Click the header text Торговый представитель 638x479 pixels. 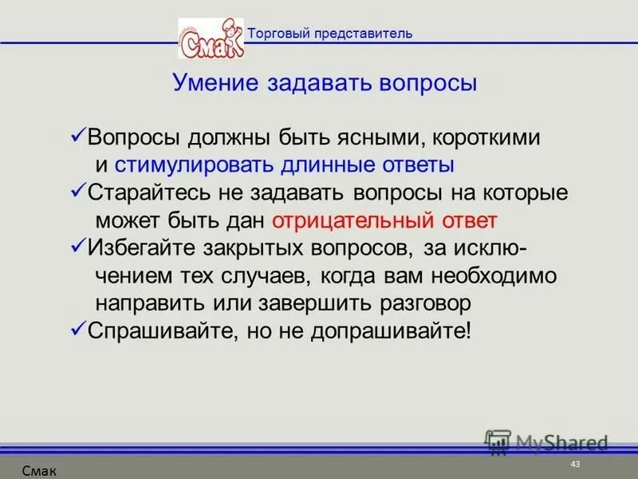[x=329, y=33]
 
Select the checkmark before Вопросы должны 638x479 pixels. [x=78, y=137]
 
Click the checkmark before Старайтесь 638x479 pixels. [x=78, y=192]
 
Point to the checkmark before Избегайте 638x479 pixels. [x=78, y=247]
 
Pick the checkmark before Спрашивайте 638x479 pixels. [x=78, y=330]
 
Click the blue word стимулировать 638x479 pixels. [x=195, y=165]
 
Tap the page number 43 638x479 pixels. [x=575, y=465]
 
